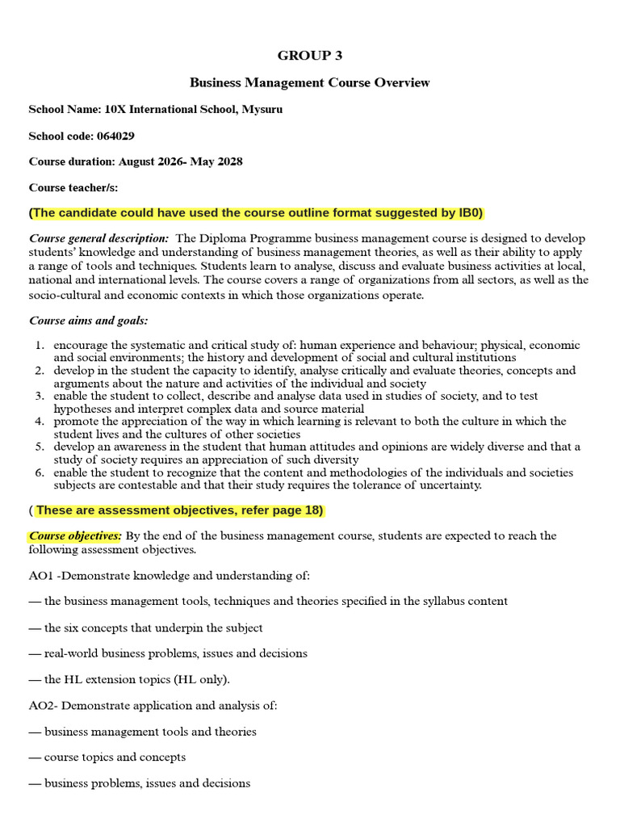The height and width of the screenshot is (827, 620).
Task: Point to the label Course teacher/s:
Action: [73, 187]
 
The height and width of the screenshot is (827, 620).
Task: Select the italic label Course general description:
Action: [99, 239]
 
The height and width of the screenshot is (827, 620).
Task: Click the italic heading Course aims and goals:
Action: [89, 321]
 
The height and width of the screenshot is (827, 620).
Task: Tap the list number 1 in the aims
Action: [40, 346]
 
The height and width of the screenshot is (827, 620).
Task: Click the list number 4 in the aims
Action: [40, 422]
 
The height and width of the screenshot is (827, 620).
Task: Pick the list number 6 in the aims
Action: [40, 472]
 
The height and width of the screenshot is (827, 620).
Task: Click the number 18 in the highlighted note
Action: [310, 510]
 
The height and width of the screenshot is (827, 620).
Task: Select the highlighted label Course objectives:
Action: [76, 536]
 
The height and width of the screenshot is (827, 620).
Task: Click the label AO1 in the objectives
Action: [41, 576]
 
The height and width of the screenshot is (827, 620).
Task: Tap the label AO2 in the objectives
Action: [41, 706]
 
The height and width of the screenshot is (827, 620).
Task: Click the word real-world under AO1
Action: [72, 653]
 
